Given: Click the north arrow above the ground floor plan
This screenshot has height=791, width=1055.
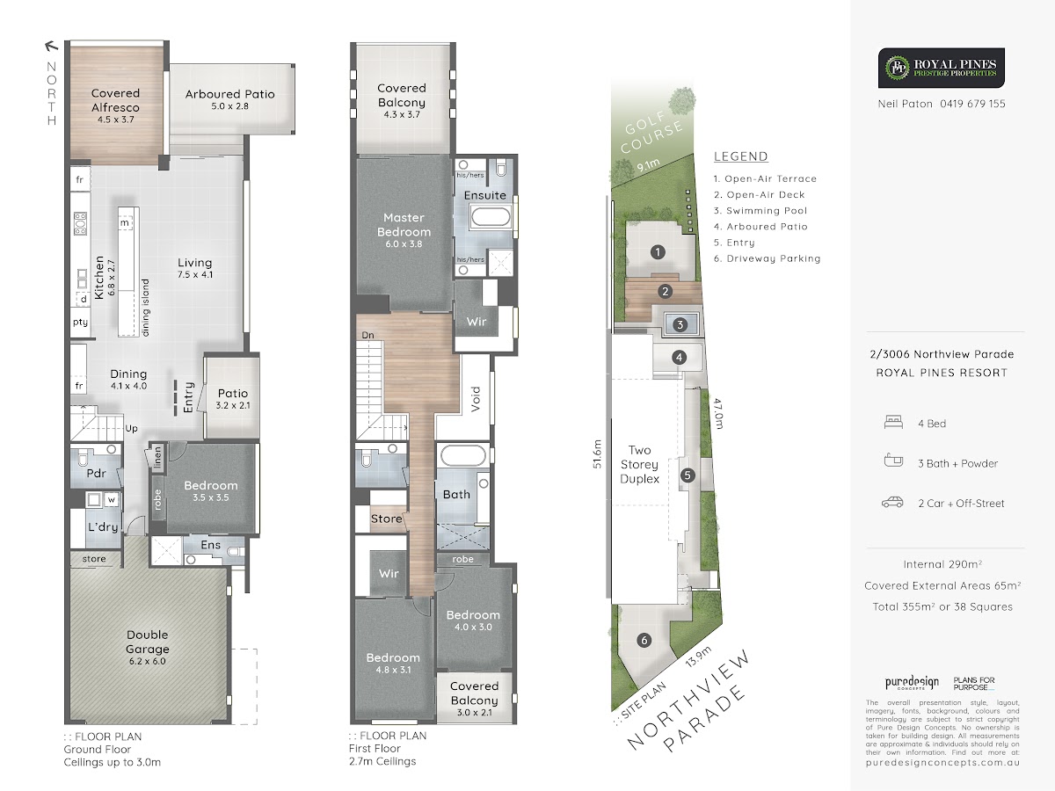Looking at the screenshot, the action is (x=51, y=46).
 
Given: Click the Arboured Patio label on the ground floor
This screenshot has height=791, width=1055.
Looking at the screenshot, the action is (x=229, y=94).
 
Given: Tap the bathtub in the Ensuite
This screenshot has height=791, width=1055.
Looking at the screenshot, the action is (x=491, y=216).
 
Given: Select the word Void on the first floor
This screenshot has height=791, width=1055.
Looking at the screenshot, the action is (x=476, y=399).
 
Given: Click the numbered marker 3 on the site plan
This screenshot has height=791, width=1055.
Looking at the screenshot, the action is (x=680, y=324).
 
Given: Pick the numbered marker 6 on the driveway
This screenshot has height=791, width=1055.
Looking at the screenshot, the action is (x=644, y=640).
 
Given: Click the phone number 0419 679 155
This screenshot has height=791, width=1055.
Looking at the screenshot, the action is (x=973, y=104).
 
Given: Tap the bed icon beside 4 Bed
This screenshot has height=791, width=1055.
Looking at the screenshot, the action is (x=893, y=422).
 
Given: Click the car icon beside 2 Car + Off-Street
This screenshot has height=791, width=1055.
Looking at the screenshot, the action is (x=892, y=503).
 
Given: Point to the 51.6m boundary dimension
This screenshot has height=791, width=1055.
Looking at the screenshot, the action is (x=597, y=454).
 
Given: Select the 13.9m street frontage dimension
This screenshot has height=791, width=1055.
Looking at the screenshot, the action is (x=698, y=656).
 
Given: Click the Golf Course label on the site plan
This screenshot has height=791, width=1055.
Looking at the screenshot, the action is (x=651, y=131).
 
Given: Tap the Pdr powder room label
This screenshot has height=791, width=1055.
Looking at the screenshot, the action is (x=96, y=473).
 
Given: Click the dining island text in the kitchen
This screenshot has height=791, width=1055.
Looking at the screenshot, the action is (x=146, y=308).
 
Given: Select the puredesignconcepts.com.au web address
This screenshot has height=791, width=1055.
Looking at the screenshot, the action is (x=942, y=763).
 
